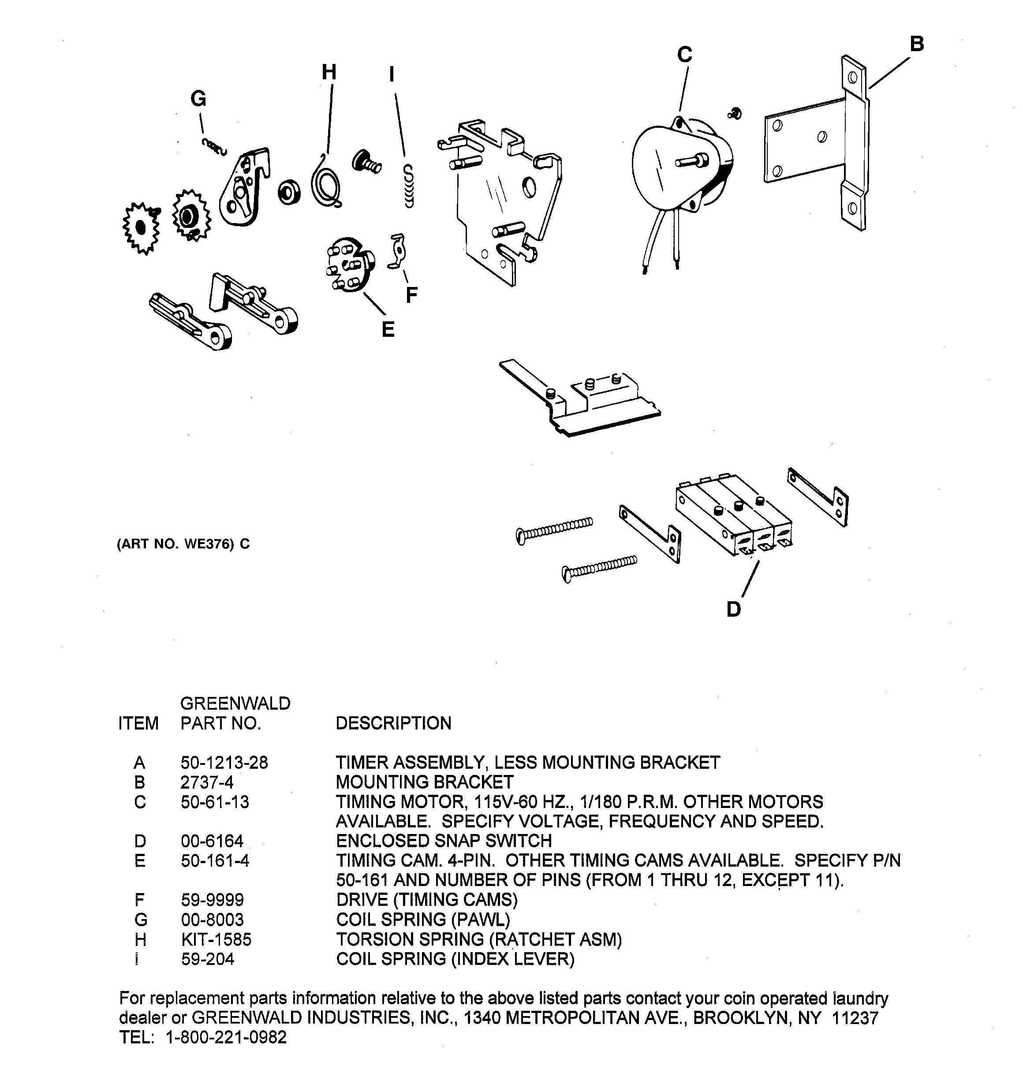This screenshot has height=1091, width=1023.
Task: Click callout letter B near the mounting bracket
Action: click(x=916, y=44)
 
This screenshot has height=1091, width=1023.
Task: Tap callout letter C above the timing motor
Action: click(x=684, y=55)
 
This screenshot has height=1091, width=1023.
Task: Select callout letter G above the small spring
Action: click(x=198, y=99)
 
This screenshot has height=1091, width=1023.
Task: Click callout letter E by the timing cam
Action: click(x=388, y=329)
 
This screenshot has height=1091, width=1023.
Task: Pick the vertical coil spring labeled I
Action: click(x=409, y=186)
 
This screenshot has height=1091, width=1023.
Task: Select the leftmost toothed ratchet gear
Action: click(x=141, y=227)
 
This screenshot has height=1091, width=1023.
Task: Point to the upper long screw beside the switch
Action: click(x=555, y=528)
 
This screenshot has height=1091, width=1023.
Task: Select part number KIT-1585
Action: click(x=216, y=939)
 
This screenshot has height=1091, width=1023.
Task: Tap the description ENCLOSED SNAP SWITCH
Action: click(x=444, y=841)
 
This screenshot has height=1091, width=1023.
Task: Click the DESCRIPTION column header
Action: click(x=393, y=723)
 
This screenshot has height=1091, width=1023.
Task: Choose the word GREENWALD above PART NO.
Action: click(x=235, y=704)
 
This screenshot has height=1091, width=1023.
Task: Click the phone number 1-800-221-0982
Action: click(x=226, y=1037)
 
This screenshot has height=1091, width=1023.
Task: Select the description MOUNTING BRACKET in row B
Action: click(x=424, y=782)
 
